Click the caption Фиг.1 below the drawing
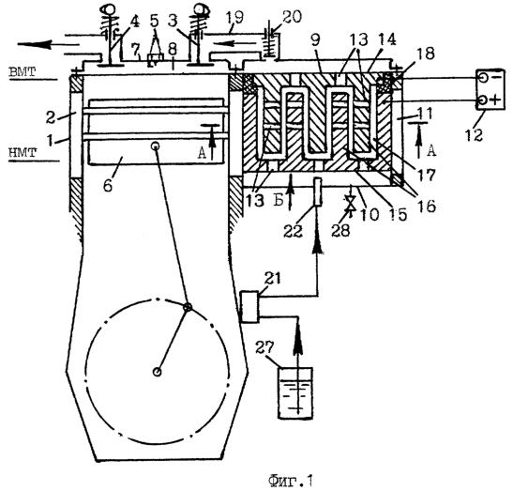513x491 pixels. pyautogui.click(x=291, y=481)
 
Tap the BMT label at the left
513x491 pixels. pyautogui.click(x=23, y=71)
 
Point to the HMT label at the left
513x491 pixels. pyautogui.click(x=23, y=152)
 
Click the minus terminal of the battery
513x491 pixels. pyautogui.click(x=483, y=78)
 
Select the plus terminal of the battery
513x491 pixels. pyautogui.click(x=483, y=100)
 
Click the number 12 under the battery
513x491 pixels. pyautogui.click(x=474, y=134)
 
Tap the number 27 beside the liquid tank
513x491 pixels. pyautogui.click(x=264, y=347)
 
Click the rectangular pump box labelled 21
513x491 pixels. pyautogui.click(x=250, y=307)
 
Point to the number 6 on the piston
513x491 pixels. pyautogui.click(x=108, y=185)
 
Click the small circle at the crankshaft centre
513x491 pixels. pyautogui.click(x=158, y=372)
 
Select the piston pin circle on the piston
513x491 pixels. pyautogui.click(x=156, y=146)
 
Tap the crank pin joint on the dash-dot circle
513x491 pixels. pyautogui.click(x=188, y=307)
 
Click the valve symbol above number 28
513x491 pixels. pyautogui.click(x=351, y=204)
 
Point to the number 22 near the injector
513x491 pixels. pyautogui.click(x=294, y=231)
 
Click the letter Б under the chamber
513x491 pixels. pyautogui.click(x=279, y=201)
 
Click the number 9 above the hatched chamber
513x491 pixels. pyautogui.click(x=316, y=40)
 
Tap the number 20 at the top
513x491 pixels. pyautogui.click(x=293, y=17)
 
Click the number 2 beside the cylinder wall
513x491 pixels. pyautogui.click(x=50, y=118)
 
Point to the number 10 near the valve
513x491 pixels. pyautogui.click(x=370, y=214)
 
